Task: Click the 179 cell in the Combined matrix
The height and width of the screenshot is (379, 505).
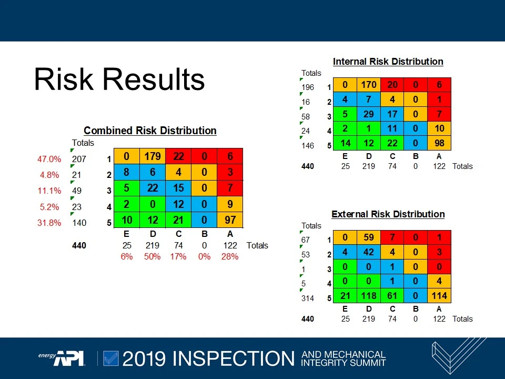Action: tap(153, 156)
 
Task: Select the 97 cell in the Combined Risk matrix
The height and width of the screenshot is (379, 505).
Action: tap(230, 220)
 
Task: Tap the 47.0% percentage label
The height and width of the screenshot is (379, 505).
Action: tap(49, 159)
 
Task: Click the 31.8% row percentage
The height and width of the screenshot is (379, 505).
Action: tap(49, 223)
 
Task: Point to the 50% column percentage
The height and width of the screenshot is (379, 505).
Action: tap(153, 256)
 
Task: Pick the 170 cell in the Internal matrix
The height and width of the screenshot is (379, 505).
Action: tap(369, 85)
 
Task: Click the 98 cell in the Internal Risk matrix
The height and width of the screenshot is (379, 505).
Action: tap(439, 143)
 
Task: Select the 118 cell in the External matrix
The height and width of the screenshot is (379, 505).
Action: tap(369, 296)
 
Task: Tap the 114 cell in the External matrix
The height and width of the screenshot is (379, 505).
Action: tap(439, 296)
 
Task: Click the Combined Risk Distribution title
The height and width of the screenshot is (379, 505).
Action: tap(150, 131)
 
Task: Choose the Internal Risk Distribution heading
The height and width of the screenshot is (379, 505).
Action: tap(388, 62)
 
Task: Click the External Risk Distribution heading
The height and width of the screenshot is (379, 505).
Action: tap(388, 214)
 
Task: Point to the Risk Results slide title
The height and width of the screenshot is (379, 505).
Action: tap(119, 79)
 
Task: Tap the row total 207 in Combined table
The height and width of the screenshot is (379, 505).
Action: tap(79, 159)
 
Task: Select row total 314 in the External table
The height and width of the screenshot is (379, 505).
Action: tap(307, 298)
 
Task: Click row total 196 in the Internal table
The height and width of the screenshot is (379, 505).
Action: tap(307, 87)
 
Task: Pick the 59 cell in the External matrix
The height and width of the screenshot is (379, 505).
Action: tap(369, 237)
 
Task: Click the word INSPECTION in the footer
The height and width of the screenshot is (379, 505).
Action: tap(234, 358)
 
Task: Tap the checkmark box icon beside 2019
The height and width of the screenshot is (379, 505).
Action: tap(111, 358)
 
